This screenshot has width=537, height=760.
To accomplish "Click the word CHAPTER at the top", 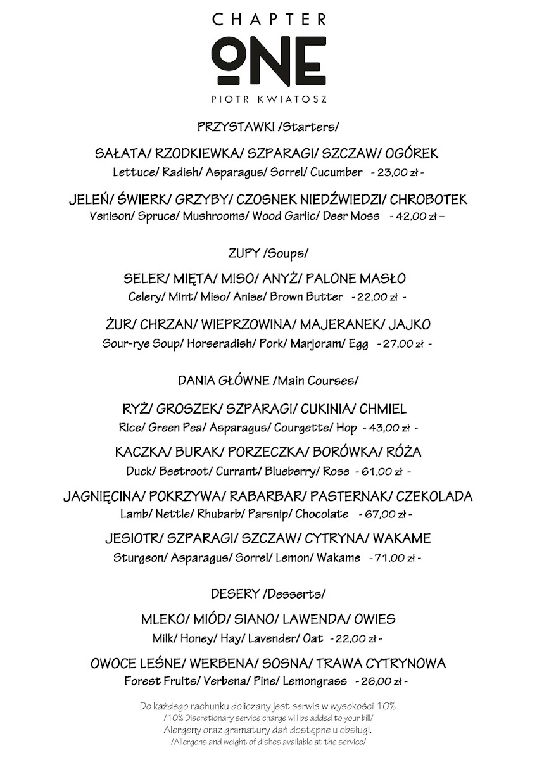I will click(x=269, y=20).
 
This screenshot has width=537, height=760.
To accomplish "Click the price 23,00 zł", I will click(x=396, y=172).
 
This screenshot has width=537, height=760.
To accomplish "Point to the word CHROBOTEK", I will click(x=429, y=199).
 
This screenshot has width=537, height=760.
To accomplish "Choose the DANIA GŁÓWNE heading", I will click(x=224, y=381).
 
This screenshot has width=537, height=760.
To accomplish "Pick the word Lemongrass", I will click(x=315, y=681).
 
